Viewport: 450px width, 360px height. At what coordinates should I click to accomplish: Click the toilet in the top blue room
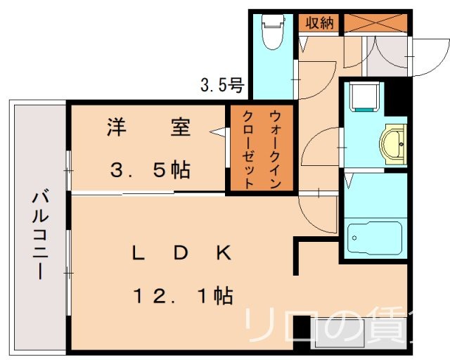pos(271,32)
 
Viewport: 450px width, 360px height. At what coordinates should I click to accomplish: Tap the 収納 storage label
pos(318,22)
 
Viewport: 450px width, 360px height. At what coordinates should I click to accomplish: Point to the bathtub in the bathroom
pos(373,239)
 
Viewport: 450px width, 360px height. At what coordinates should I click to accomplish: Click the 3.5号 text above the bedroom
pos(222,86)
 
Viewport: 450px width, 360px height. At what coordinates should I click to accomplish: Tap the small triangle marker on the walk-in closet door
pos(220,131)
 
